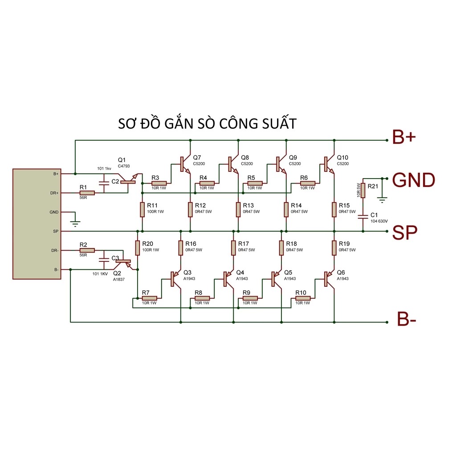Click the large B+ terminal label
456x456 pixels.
(x=404, y=137)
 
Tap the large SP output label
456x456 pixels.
(x=404, y=232)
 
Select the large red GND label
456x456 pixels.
(x=414, y=180)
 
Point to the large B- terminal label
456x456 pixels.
(x=407, y=319)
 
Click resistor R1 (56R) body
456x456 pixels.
(x=87, y=193)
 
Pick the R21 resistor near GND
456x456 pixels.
(x=363, y=191)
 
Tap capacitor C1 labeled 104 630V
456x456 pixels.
(x=363, y=216)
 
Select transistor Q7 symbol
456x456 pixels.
(x=184, y=165)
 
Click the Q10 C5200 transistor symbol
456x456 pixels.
(x=328, y=165)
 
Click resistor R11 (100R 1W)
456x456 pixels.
(x=142, y=209)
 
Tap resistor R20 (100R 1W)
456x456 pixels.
(x=138, y=248)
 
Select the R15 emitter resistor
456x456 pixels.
(x=334, y=209)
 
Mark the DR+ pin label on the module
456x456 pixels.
(x=54, y=193)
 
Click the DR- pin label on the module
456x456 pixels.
(x=55, y=250)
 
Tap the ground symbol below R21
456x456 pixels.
(x=382, y=199)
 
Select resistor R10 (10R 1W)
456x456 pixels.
(x=303, y=298)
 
